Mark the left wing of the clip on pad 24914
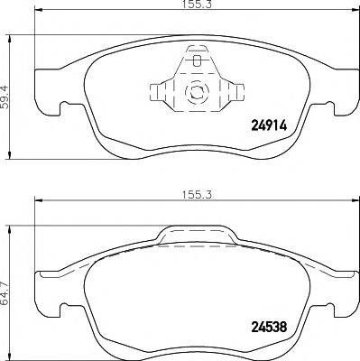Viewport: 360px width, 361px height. pyautogui.click(x=159, y=92)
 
